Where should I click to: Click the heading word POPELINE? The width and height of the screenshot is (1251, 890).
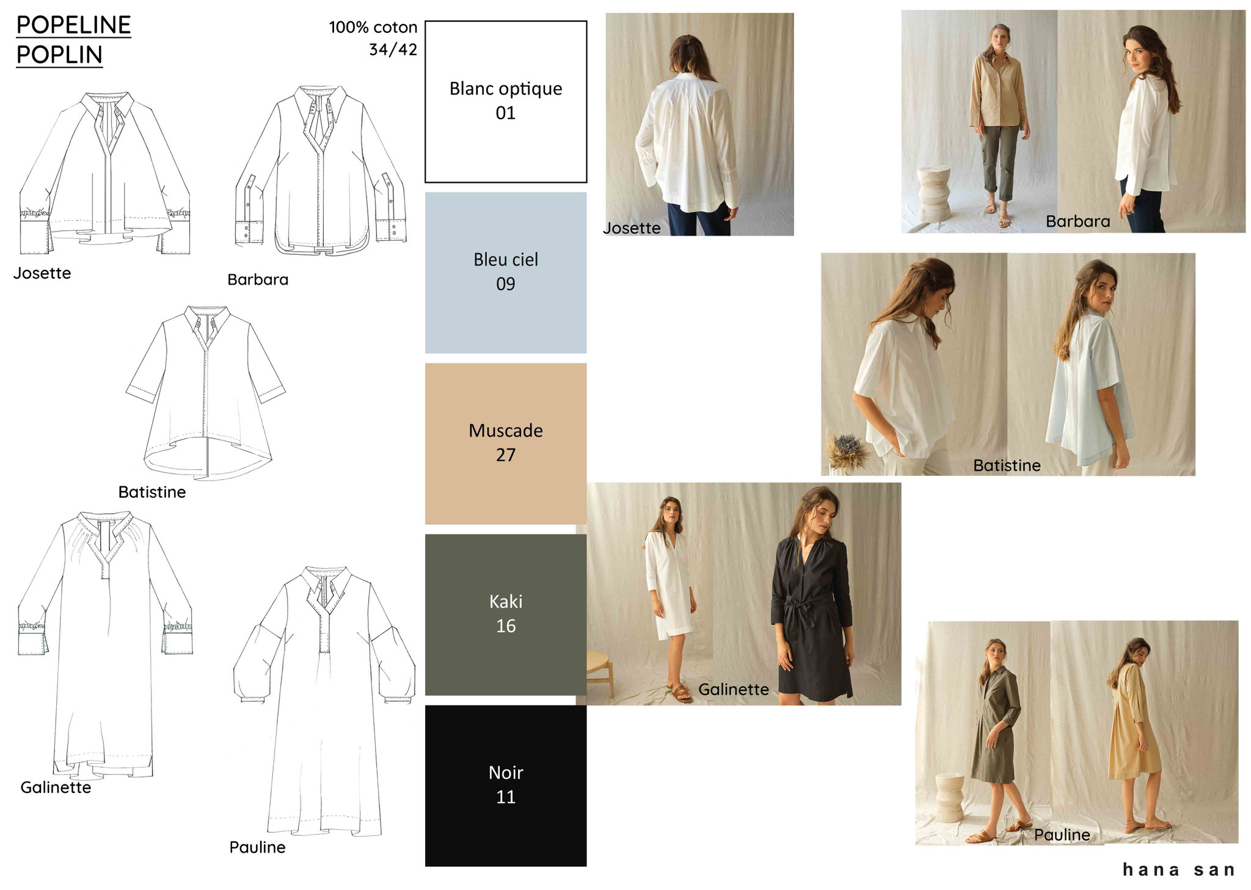pyautogui.click(x=73, y=25)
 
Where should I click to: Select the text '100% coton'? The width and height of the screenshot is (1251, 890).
pyautogui.click(x=373, y=27)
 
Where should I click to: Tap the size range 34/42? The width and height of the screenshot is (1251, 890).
pyautogui.click(x=393, y=49)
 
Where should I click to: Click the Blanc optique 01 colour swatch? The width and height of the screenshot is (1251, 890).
pyautogui.click(x=506, y=101)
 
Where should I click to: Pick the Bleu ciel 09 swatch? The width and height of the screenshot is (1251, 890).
pyautogui.click(x=506, y=272)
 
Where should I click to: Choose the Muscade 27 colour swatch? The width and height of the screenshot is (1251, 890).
pyautogui.click(x=506, y=443)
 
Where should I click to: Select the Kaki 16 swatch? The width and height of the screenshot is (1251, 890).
pyautogui.click(x=506, y=615)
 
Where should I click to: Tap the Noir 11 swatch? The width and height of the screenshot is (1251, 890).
pyautogui.click(x=506, y=786)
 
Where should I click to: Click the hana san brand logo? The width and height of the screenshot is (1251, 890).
pyautogui.click(x=1179, y=869)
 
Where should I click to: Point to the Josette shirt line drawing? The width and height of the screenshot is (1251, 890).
pyautogui.click(x=105, y=173)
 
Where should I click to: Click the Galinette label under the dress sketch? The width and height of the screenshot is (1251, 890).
pyautogui.click(x=56, y=787)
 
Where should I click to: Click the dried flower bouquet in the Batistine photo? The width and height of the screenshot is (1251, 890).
pyautogui.click(x=846, y=448)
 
